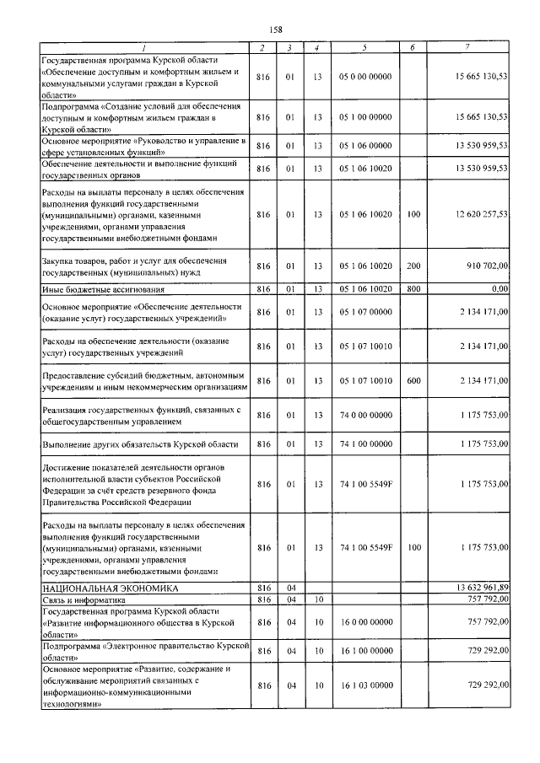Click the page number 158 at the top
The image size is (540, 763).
270,29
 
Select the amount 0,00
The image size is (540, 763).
499,289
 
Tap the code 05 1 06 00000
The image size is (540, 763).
365,146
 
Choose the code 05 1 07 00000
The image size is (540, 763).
365,312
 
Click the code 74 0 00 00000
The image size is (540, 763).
365,415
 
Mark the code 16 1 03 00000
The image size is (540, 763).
365,686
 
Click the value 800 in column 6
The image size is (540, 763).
413,289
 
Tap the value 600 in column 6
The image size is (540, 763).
413,381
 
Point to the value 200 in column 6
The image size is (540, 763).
413,266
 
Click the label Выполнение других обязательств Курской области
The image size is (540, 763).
139,443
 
